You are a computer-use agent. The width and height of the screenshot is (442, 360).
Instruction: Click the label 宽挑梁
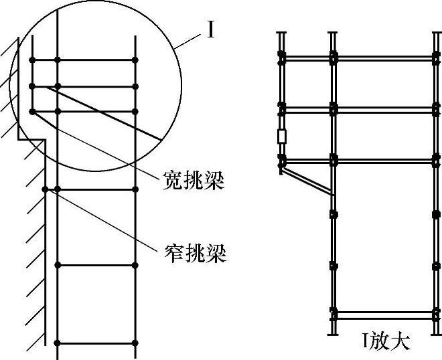click(x=194, y=180)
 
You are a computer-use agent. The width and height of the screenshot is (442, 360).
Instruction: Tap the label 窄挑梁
click(x=194, y=253)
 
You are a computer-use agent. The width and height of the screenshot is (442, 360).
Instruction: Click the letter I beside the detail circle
click(x=210, y=30)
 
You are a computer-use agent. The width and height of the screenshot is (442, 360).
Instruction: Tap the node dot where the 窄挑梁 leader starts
click(x=45, y=190)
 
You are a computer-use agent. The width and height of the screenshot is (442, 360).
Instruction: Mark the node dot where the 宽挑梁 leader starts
click(x=31, y=111)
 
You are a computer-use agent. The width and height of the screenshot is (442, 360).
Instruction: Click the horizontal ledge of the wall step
click(x=31, y=139)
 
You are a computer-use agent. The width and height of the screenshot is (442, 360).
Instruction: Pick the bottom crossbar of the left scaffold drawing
click(x=96, y=343)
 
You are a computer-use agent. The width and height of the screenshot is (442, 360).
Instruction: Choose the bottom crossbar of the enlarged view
click(x=385, y=312)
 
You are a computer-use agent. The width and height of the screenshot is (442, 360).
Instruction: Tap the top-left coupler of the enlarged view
click(x=282, y=58)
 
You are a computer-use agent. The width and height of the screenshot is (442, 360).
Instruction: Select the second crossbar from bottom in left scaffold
click(x=96, y=266)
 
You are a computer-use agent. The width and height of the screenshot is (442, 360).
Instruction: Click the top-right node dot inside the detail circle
click(x=135, y=61)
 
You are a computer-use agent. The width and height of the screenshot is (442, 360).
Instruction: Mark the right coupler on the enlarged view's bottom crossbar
click(x=437, y=312)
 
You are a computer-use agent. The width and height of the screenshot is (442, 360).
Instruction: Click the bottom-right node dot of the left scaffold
click(x=135, y=343)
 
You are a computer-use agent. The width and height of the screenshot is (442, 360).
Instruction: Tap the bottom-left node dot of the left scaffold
click(x=58, y=343)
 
